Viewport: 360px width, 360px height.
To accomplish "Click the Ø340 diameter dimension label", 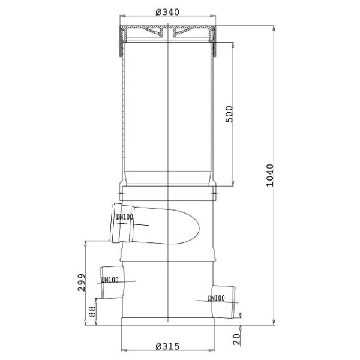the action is pyautogui.click(x=167, y=12).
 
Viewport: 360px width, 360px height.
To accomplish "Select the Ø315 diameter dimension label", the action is pyautogui.click(x=167, y=346).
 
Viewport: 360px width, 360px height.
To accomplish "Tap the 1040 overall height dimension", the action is pyautogui.click(x=270, y=175).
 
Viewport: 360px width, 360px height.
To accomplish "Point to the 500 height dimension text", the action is pyautogui.click(x=229, y=114).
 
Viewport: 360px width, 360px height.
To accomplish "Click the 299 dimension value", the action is pyautogui.click(x=81, y=282).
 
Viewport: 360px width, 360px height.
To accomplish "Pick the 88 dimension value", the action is pyautogui.click(x=92, y=311).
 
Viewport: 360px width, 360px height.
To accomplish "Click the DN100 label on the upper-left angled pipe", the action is pyautogui.click(x=124, y=217).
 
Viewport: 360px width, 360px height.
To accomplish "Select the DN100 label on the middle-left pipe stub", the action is pyautogui.click(x=110, y=280).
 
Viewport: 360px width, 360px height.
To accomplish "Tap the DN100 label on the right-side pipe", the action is pyautogui.click(x=216, y=298).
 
